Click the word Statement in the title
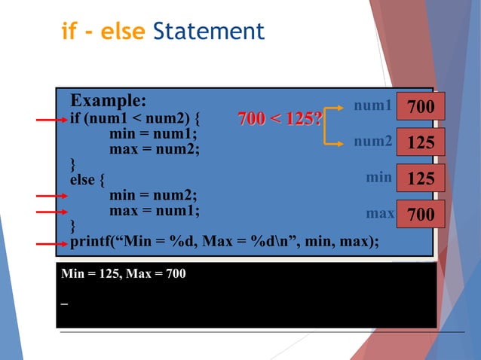tap(208, 32)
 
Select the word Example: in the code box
tap(109, 101)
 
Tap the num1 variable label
tap(373, 106)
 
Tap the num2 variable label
tap(373, 141)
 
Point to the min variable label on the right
tap(378, 178)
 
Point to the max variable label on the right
tap(380, 214)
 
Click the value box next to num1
tap(421, 107)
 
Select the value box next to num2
tap(421, 142)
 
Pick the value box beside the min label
tap(421, 178)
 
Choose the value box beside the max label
tap(421, 215)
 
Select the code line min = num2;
tap(154, 196)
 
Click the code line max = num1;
tap(155, 211)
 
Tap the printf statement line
tap(225, 242)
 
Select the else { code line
tap(88, 181)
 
